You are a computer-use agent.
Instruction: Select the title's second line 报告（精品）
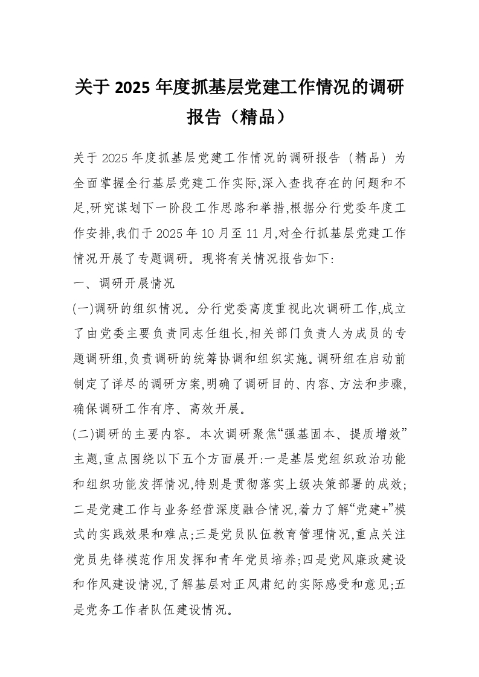[239, 116]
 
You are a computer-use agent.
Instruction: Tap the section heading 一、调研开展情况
[123, 283]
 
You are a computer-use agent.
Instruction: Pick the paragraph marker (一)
[82, 308]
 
